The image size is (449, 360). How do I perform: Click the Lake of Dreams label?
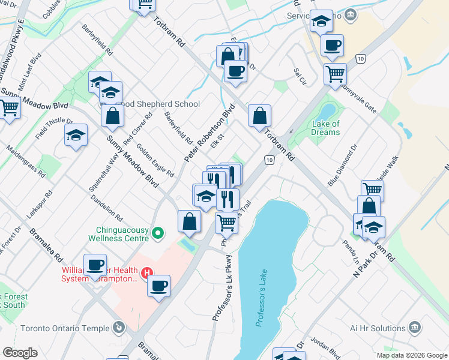click(326, 128)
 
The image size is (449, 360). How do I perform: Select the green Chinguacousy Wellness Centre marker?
click(158, 232)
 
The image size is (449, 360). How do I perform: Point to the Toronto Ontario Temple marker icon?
click(119, 328)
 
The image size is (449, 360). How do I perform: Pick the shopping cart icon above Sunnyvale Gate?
click(335, 74)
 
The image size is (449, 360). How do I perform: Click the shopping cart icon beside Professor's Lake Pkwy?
click(226, 223)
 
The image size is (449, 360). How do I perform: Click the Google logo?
click(20, 353)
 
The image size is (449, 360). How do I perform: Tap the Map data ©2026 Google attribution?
click(411, 355)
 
